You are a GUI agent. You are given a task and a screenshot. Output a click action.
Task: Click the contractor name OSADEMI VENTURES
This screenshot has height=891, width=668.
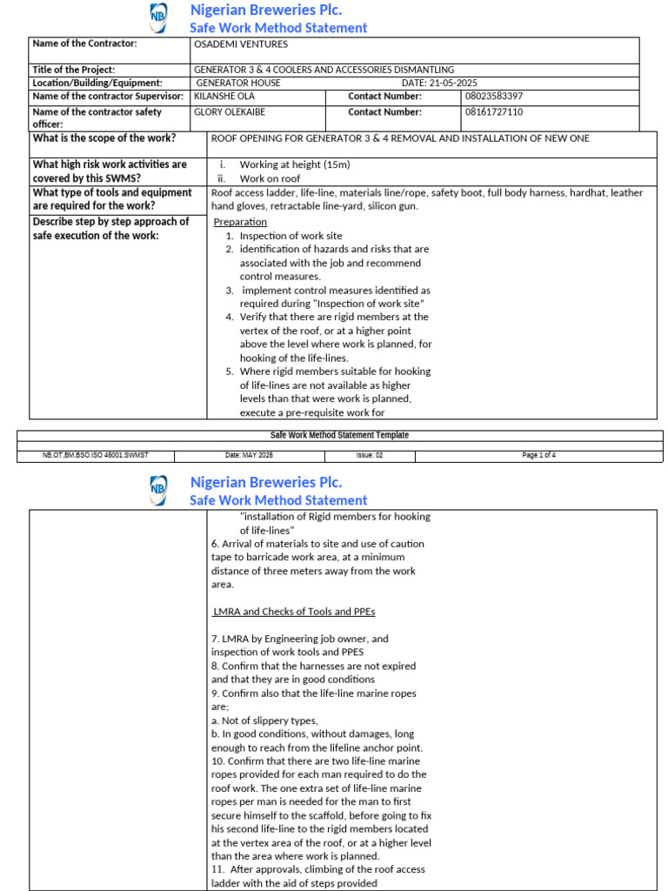pyautogui.click(x=240, y=44)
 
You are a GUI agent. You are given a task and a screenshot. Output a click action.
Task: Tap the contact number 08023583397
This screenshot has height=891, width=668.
pyautogui.click(x=494, y=97)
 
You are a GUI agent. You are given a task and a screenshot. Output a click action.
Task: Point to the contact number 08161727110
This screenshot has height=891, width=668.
pyautogui.click(x=494, y=112)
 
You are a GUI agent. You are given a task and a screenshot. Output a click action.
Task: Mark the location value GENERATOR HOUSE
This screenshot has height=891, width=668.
pyautogui.click(x=238, y=83)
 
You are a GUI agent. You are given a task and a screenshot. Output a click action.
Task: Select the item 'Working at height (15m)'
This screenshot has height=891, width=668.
pyautogui.click(x=294, y=164)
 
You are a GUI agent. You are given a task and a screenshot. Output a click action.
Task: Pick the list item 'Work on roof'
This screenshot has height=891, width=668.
pyautogui.click(x=270, y=178)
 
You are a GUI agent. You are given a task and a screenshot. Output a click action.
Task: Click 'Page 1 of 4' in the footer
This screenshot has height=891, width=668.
pyautogui.click(x=538, y=455)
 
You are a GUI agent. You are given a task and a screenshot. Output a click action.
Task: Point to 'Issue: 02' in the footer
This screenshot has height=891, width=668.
pyautogui.click(x=369, y=455)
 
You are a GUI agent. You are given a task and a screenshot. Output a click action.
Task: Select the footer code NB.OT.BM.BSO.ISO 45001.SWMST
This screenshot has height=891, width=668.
pyautogui.click(x=97, y=455)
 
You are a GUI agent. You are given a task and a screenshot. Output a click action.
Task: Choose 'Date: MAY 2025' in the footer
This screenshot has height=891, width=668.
pyautogui.click(x=249, y=455)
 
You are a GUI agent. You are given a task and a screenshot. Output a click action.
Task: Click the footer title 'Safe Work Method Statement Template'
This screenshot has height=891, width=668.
pyautogui.click(x=339, y=435)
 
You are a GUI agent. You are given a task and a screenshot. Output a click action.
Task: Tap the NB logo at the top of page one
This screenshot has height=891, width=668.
pyautogui.click(x=158, y=17)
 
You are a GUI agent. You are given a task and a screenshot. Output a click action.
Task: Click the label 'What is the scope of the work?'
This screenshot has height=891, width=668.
pyautogui.click(x=104, y=138)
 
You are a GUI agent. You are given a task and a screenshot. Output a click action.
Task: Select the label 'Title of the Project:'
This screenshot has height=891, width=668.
pyautogui.click(x=73, y=70)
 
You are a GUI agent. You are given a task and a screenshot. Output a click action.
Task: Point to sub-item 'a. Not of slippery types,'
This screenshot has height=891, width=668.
pyautogui.click(x=264, y=720)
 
